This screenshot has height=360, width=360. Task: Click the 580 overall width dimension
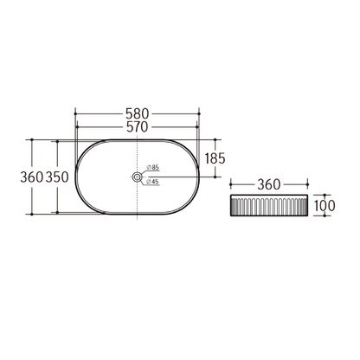[138, 113]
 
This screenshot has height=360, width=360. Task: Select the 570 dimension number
[138, 128]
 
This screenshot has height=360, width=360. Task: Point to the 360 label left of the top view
[31, 177]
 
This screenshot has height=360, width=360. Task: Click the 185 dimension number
[215, 157]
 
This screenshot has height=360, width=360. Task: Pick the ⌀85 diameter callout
[152, 167]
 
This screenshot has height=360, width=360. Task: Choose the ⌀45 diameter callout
[152, 182]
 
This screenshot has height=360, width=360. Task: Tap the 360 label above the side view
[268, 184]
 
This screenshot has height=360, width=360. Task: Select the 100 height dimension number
[325, 206]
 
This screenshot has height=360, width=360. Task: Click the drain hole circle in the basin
[138, 177]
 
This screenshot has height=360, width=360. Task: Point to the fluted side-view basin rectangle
[268, 207]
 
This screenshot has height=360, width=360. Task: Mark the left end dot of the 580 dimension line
[76, 113]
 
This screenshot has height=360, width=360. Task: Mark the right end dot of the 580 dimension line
[200, 113]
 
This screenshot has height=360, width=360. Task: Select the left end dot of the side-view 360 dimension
[230, 184]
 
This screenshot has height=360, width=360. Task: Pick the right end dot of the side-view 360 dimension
[307, 184]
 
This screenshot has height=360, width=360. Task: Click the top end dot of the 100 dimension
[326, 196]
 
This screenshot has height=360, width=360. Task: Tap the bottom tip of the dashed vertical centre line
[138, 223]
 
